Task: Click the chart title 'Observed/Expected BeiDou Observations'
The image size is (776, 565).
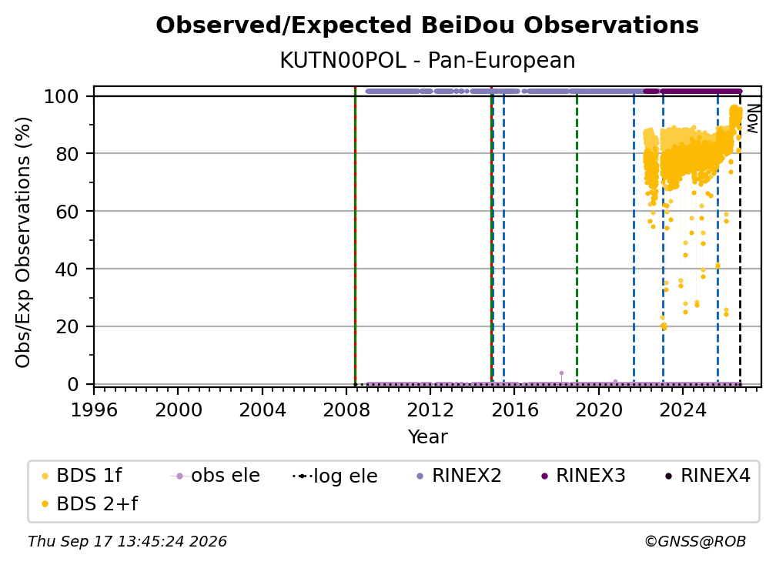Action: pos(427,25)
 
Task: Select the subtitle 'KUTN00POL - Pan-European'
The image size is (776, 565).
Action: pos(427,61)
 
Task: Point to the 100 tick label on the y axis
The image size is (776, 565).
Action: pos(61,96)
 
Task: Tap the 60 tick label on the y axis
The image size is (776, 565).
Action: pos(67,212)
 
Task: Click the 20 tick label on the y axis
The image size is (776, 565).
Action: pos(67,327)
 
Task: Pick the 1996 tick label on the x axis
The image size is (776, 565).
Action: pos(94,410)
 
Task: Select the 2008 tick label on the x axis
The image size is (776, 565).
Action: pos(346,410)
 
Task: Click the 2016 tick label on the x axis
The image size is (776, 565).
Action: pos(515,410)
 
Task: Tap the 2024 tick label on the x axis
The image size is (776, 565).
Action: pos(683,410)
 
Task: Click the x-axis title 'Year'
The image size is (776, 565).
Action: pos(427,437)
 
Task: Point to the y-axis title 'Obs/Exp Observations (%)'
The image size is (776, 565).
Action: pos(23,242)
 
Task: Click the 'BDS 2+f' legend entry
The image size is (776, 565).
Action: pos(89,504)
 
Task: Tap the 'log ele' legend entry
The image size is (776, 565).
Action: pos(335,476)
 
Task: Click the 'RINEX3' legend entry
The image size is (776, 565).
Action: pos(583,476)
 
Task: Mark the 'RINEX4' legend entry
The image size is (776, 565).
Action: pos(707,476)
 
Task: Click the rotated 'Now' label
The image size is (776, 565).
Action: pos(752,119)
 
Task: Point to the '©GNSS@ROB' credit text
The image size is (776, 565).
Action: pos(695,542)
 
